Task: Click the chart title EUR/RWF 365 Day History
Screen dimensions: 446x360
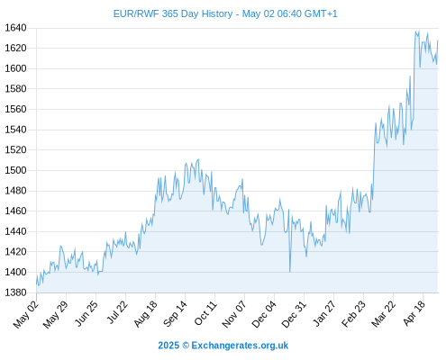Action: (x=173, y=13)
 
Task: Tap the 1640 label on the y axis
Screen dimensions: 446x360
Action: (x=15, y=28)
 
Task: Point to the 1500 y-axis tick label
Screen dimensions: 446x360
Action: (x=15, y=170)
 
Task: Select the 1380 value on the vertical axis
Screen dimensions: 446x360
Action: (x=15, y=292)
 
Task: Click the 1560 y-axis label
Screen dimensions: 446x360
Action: (x=15, y=109)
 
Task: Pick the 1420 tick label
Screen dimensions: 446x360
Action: (x=15, y=251)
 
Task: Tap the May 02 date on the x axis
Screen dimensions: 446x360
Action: (x=26, y=314)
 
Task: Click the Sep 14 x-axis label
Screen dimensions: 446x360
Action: (x=175, y=313)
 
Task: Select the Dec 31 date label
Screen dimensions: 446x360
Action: (x=294, y=314)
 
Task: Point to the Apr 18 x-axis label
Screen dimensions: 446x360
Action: (x=414, y=313)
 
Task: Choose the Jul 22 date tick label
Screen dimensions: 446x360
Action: (x=117, y=312)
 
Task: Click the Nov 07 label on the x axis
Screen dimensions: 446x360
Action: (x=234, y=314)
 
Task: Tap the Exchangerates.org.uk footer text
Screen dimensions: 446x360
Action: (x=240, y=346)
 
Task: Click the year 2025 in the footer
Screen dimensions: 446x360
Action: (x=168, y=346)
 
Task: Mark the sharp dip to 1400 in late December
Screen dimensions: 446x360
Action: (x=290, y=272)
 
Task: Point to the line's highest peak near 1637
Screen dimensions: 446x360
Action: (x=419, y=31)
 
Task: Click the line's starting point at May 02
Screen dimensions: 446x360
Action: (x=37, y=283)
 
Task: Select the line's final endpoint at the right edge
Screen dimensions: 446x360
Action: (x=438, y=40)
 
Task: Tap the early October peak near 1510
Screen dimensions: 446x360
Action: (x=198, y=159)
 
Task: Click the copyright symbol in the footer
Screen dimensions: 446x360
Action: (x=186, y=346)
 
